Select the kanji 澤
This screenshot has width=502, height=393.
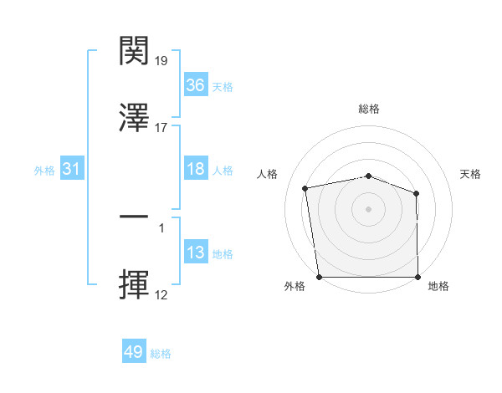(x=135, y=117)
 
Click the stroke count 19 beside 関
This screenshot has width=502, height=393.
(x=162, y=61)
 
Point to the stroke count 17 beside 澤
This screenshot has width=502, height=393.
(x=162, y=128)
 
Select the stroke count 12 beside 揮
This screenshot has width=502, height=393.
(x=162, y=295)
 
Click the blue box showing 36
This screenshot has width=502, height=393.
(x=196, y=85)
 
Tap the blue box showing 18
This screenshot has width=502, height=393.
(x=196, y=169)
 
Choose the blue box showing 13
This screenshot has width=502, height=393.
(x=196, y=253)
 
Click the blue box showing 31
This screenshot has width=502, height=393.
(x=72, y=169)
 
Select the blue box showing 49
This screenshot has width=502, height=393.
(x=134, y=352)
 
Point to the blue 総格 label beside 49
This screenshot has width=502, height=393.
(x=161, y=354)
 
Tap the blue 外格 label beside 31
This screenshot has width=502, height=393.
(x=44, y=170)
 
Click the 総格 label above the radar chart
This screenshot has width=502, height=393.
(x=369, y=109)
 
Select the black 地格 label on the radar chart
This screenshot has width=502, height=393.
(x=438, y=287)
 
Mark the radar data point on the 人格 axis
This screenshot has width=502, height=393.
(x=305, y=188)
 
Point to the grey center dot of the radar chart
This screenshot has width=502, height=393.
(x=369, y=208)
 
